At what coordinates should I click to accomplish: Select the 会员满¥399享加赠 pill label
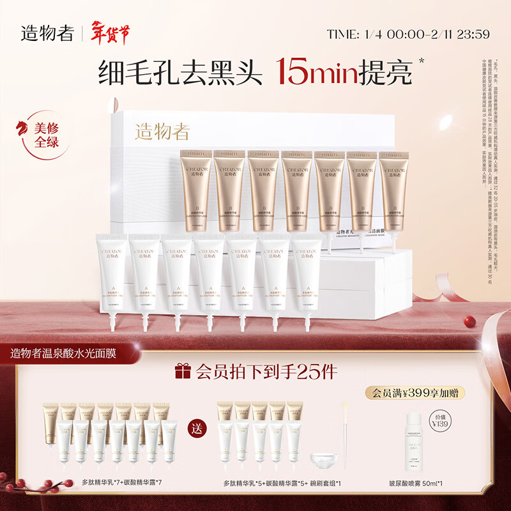pos(415,393)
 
